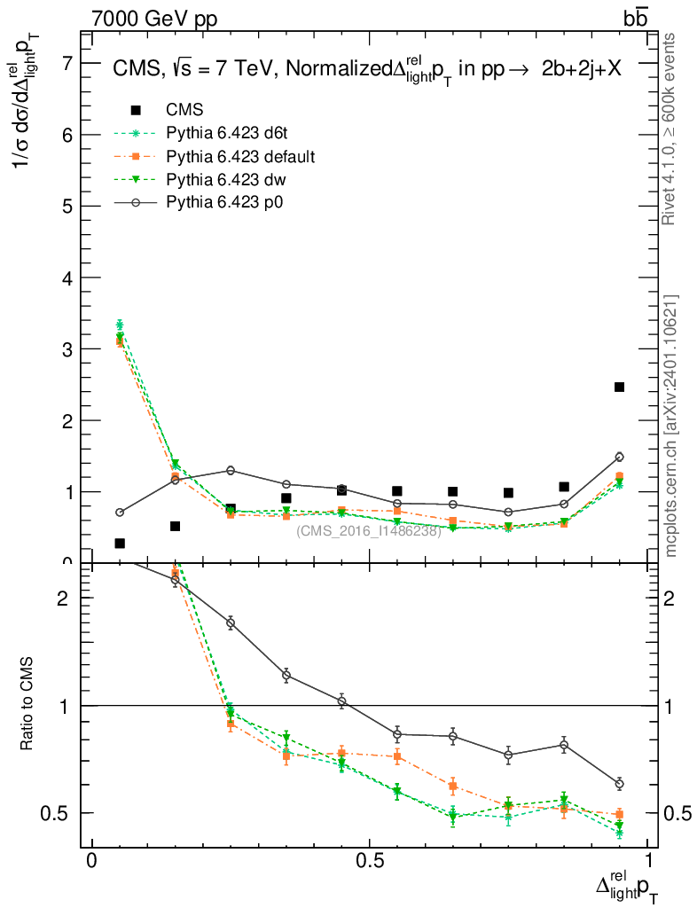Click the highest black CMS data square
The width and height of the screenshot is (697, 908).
point(619,387)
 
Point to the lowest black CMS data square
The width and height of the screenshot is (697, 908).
point(120,543)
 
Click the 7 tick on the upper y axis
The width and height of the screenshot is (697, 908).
point(67,63)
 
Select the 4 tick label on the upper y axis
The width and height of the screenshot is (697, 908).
point(67,278)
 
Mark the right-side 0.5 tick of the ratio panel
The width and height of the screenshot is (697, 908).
point(676,813)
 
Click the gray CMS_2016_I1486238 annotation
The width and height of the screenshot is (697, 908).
point(368,531)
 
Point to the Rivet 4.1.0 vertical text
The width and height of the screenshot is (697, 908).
point(670,129)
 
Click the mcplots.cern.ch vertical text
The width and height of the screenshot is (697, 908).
point(671,426)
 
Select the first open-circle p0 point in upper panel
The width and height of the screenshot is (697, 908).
point(120,513)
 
